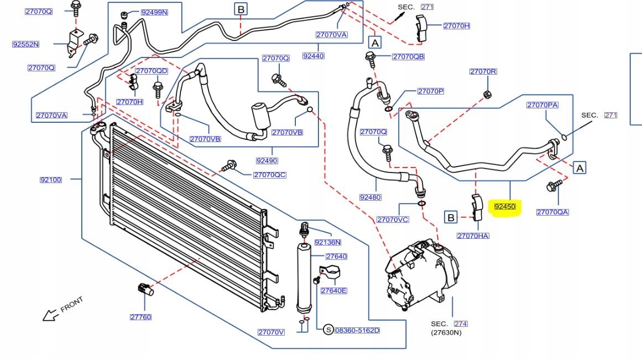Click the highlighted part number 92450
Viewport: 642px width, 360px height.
click(505, 207)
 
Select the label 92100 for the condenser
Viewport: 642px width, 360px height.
click(51, 180)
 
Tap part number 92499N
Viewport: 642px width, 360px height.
click(154, 12)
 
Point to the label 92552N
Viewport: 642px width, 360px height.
click(26, 44)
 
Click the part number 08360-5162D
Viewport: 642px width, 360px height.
click(357, 330)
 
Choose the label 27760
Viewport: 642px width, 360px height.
click(140, 317)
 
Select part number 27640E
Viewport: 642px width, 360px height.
click(333, 291)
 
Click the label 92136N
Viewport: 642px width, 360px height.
click(327, 242)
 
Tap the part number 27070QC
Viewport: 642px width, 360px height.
click(269, 175)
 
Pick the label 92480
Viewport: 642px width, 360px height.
click(370, 197)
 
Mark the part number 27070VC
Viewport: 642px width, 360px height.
click(393, 220)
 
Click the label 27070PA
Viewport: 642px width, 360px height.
click(542, 105)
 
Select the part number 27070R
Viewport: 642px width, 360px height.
click(483, 71)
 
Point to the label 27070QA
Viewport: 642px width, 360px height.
click(552, 212)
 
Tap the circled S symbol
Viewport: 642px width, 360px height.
click(328, 330)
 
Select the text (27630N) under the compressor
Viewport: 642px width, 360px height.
click(446, 332)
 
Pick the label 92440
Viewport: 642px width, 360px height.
click(314, 56)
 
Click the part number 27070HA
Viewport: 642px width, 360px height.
click(473, 236)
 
